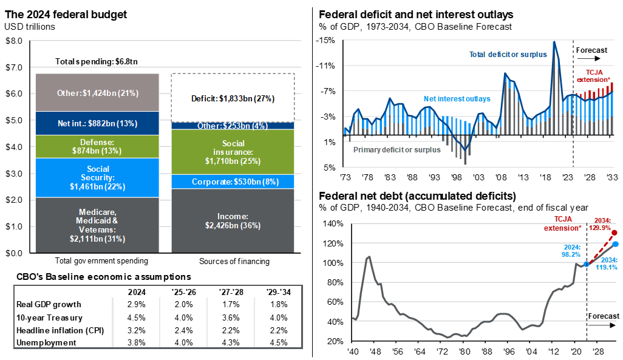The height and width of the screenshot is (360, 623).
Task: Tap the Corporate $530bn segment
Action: [x=233, y=182]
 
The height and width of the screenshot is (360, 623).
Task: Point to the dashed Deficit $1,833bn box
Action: [x=233, y=98]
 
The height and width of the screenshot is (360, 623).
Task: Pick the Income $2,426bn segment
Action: [x=233, y=220]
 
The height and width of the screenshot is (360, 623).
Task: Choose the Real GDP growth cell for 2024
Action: [x=132, y=304]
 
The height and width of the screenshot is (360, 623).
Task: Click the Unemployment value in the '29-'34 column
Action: [x=279, y=342]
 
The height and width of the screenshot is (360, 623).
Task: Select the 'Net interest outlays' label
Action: [x=456, y=98]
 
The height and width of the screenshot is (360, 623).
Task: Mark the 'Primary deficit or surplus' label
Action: [x=397, y=149]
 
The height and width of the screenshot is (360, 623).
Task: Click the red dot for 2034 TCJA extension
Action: [x=615, y=233]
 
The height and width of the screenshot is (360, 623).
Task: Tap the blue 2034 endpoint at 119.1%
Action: [x=615, y=244]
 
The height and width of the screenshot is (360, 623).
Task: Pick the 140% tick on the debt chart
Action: [x=333, y=223]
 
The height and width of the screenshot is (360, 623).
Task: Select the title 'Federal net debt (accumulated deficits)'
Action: [x=417, y=196]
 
